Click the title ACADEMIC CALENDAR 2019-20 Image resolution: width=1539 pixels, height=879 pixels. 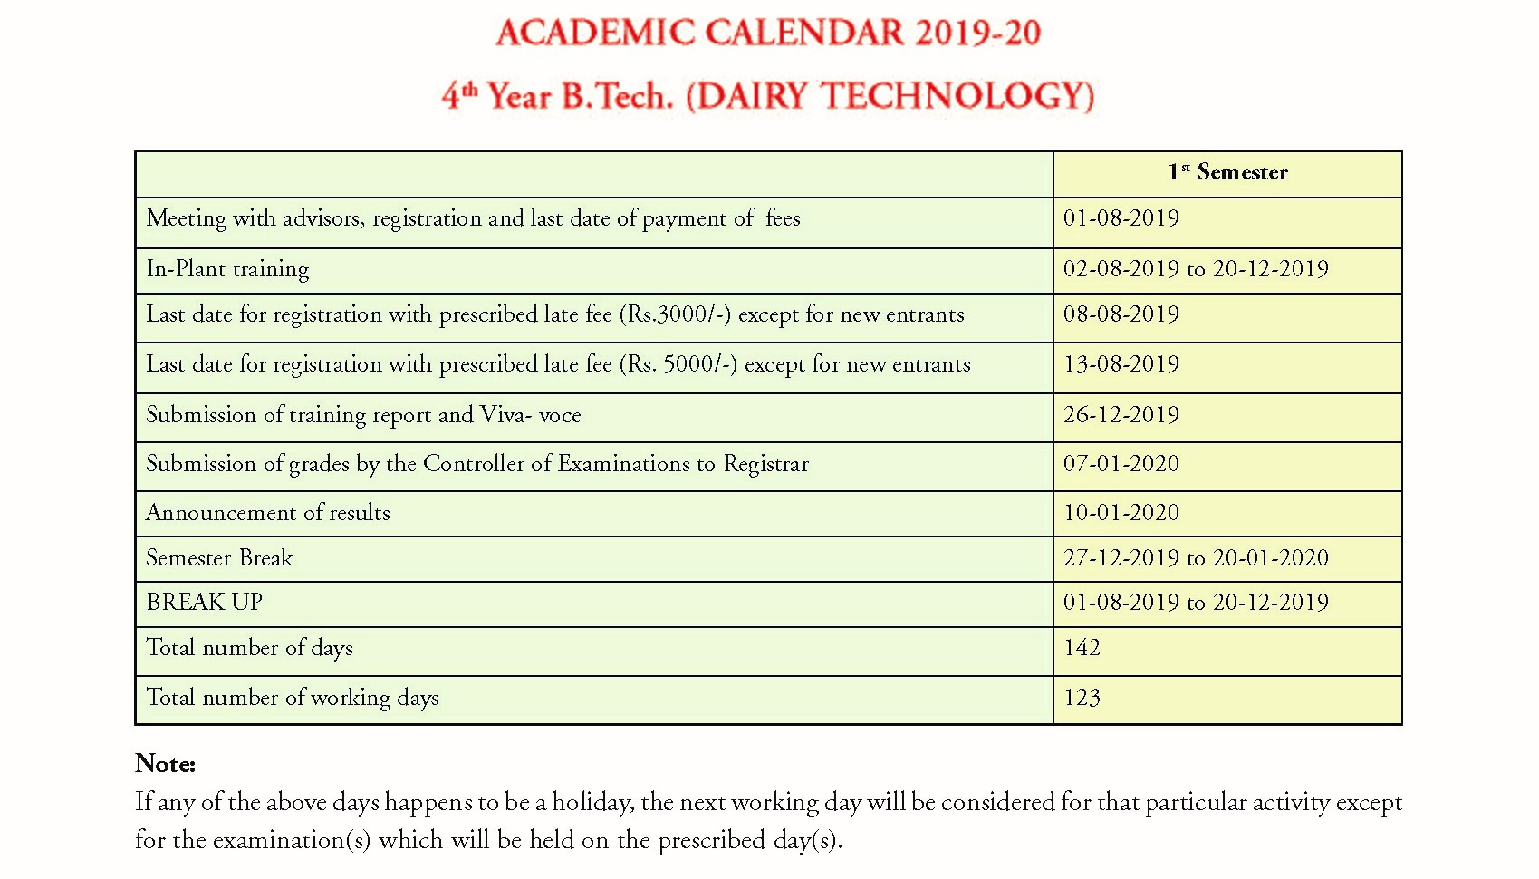click(768, 34)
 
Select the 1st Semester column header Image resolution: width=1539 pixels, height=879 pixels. click(1227, 172)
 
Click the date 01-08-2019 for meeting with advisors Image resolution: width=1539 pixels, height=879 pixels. click(1121, 218)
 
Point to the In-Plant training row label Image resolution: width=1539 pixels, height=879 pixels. click(227, 269)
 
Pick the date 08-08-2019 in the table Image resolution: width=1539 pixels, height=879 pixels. click(1121, 314)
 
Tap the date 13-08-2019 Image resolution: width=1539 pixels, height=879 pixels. click(1121, 364)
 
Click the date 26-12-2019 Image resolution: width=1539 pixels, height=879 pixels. click(1121, 415)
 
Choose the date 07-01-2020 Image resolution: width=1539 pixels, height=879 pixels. click(1121, 464)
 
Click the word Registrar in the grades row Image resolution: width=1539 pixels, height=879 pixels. click(765, 464)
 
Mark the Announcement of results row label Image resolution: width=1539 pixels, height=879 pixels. click(268, 513)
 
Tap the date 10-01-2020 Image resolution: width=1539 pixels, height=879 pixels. click(1121, 513)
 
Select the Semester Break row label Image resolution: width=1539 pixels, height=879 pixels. click(219, 558)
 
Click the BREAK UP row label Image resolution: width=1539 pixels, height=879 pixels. click(205, 603)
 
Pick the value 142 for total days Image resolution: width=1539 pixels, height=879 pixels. click(1082, 648)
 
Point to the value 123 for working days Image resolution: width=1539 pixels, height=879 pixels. click(1082, 698)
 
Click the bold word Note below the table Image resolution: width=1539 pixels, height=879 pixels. click(165, 764)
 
